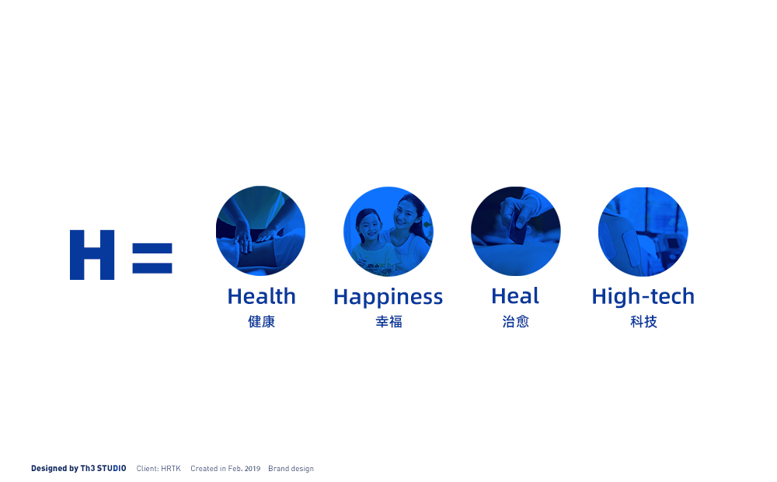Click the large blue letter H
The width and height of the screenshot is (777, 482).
(x=92, y=255)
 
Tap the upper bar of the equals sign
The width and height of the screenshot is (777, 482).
(x=152, y=247)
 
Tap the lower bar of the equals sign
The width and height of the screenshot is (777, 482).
(x=152, y=268)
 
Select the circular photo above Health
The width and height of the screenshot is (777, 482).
(x=260, y=231)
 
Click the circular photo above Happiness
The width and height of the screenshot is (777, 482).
(x=388, y=232)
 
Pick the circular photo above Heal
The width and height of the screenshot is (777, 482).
(x=516, y=232)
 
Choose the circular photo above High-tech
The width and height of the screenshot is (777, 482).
(x=643, y=232)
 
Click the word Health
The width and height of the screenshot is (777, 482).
(x=262, y=296)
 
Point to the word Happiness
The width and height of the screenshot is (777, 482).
(x=388, y=298)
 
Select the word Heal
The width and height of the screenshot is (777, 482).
(x=515, y=296)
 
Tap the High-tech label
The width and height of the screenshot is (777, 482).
(x=643, y=296)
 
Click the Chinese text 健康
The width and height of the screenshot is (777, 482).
(x=262, y=322)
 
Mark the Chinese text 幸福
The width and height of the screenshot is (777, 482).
(x=388, y=322)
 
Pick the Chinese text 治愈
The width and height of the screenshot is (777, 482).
(x=516, y=322)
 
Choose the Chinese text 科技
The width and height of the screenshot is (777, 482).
(x=643, y=322)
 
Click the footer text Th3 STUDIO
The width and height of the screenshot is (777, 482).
(x=103, y=468)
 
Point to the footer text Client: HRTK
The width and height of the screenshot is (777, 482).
(x=159, y=469)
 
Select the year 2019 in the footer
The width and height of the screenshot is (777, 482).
(x=252, y=469)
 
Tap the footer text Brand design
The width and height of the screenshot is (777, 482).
(x=291, y=469)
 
